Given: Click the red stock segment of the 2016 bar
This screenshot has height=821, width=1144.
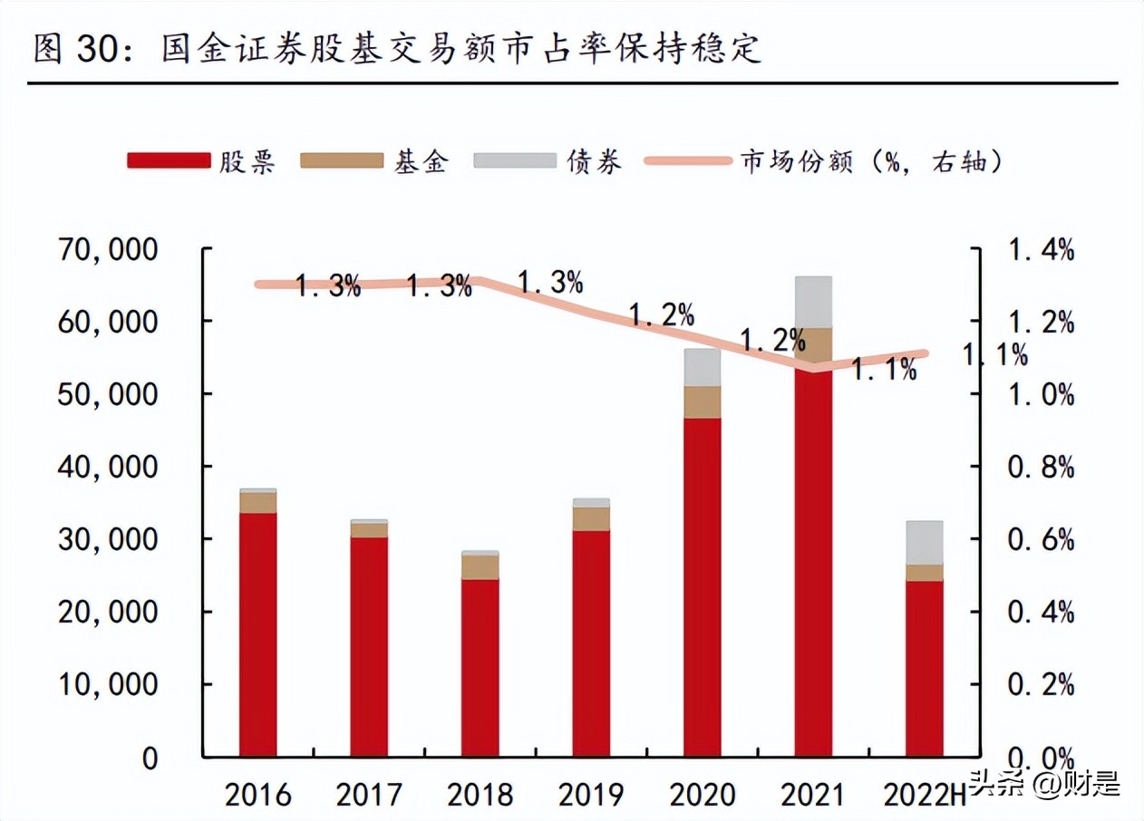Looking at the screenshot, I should tap(257, 634).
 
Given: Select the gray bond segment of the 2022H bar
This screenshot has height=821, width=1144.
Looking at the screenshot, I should tap(925, 543).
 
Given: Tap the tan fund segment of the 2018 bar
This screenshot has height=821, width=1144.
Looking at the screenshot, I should tap(480, 566).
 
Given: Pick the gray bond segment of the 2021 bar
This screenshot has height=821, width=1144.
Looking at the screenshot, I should tap(813, 303).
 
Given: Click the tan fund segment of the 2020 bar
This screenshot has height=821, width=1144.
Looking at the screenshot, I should tap(702, 402).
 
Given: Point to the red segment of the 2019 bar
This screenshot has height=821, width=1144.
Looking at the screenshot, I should tap(591, 643).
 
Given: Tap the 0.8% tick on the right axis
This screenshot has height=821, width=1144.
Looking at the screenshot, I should tap(1042, 468).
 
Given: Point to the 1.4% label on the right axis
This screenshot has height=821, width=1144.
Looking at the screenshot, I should tap(1042, 250).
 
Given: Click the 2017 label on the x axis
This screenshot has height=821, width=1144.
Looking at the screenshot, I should tap(369, 796).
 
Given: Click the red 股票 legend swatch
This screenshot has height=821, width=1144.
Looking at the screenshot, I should tap(168, 161).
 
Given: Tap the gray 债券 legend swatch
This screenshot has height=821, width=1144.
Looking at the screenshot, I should tap(514, 161).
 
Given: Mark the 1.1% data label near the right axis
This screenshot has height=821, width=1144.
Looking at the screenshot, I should tap(995, 355).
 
